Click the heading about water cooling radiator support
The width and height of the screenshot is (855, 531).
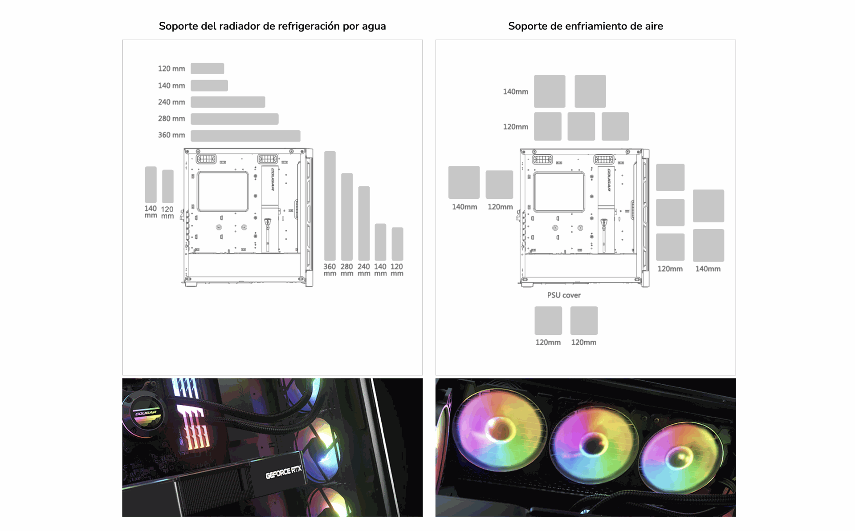click(x=272, y=26)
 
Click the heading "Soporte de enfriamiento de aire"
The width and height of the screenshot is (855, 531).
click(x=586, y=26)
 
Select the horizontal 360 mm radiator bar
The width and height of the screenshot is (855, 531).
click(x=245, y=136)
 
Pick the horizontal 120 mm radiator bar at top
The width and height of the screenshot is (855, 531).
click(x=208, y=68)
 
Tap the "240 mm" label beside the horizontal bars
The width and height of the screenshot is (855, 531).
click(x=171, y=102)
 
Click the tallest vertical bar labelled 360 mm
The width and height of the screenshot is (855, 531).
click(x=330, y=206)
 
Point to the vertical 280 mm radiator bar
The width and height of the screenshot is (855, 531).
click(x=347, y=217)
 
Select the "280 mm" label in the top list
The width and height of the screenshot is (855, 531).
click(x=171, y=119)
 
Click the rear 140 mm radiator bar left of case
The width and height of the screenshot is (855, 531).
click(x=151, y=185)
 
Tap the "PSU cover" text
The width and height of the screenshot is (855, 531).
click(x=564, y=295)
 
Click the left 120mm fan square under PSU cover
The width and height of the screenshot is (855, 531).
click(x=548, y=321)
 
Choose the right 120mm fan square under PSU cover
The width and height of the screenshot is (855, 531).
click(x=584, y=321)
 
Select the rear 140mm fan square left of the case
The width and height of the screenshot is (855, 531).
click(x=464, y=182)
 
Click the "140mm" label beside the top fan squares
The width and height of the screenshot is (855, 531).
click(x=516, y=92)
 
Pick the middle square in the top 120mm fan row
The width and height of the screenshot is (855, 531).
click(x=582, y=126)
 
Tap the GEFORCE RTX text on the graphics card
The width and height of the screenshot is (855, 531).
click(x=284, y=472)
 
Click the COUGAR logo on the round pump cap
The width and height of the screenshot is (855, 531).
click(x=146, y=413)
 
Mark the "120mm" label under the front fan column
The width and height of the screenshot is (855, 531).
click(x=670, y=269)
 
